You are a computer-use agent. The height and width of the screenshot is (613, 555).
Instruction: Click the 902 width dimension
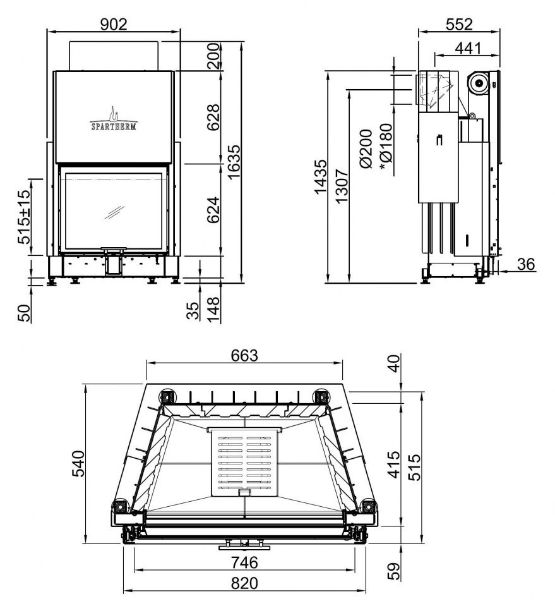114,24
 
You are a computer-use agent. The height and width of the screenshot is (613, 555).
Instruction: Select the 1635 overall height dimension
234,162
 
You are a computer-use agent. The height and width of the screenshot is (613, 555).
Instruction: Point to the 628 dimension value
213,117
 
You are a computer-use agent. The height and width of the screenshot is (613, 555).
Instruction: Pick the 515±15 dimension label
24,217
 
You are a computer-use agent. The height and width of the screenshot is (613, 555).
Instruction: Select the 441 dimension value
467,48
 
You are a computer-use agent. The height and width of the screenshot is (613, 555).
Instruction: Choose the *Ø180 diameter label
385,147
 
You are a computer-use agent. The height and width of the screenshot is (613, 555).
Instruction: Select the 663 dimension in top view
244,355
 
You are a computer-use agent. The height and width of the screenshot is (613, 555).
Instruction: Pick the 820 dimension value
244,583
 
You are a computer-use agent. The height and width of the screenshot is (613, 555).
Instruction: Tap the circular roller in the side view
479,82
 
